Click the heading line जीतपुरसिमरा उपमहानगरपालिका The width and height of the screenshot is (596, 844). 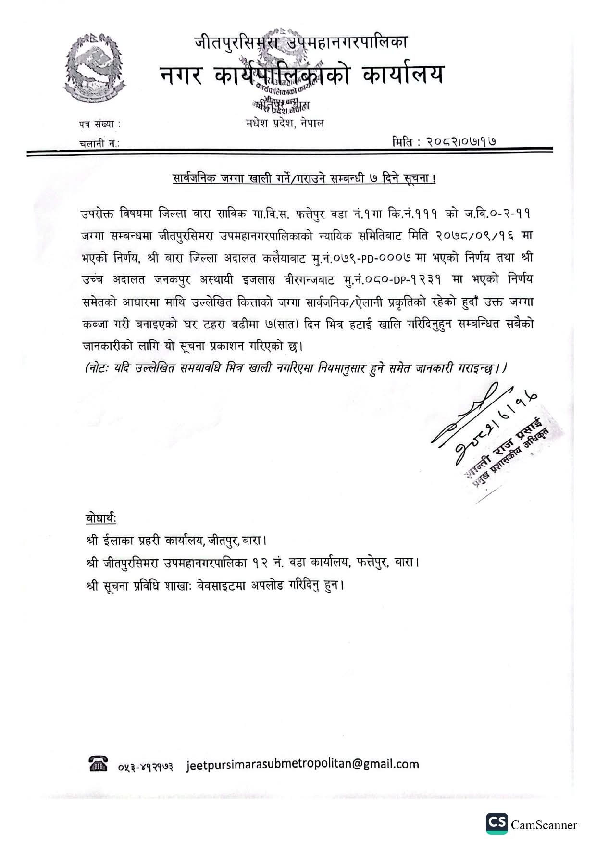tap(301, 43)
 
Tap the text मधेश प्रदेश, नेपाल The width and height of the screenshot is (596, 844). tap(284, 123)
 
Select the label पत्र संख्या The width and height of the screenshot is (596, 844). tap(99, 124)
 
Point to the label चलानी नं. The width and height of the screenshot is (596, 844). tap(99, 143)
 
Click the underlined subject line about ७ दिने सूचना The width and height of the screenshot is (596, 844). tap(304, 179)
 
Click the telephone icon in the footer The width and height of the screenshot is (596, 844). tap(98, 764)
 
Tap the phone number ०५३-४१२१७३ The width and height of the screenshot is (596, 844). tap(146, 766)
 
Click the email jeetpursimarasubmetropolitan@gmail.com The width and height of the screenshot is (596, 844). tap(302, 764)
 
